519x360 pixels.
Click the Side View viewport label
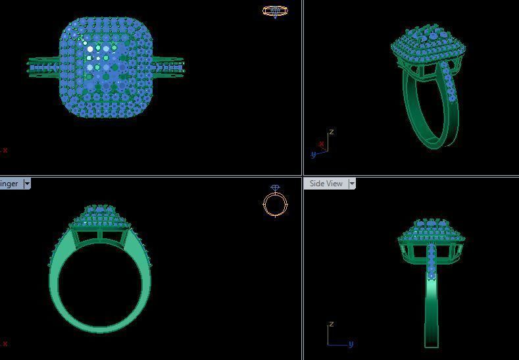(326, 184)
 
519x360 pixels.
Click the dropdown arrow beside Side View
(352, 184)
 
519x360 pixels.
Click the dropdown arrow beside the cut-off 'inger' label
(27, 184)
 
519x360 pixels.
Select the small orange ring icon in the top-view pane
(275, 11)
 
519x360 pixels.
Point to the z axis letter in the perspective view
(331, 132)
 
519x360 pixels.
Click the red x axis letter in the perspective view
(321, 144)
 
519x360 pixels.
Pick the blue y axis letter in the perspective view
(313, 155)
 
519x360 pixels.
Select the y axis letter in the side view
(351, 344)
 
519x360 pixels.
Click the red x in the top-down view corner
(5, 150)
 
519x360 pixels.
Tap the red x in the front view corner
(5, 344)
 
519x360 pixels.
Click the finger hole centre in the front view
(99, 284)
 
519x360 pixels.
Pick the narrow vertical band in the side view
(431, 309)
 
